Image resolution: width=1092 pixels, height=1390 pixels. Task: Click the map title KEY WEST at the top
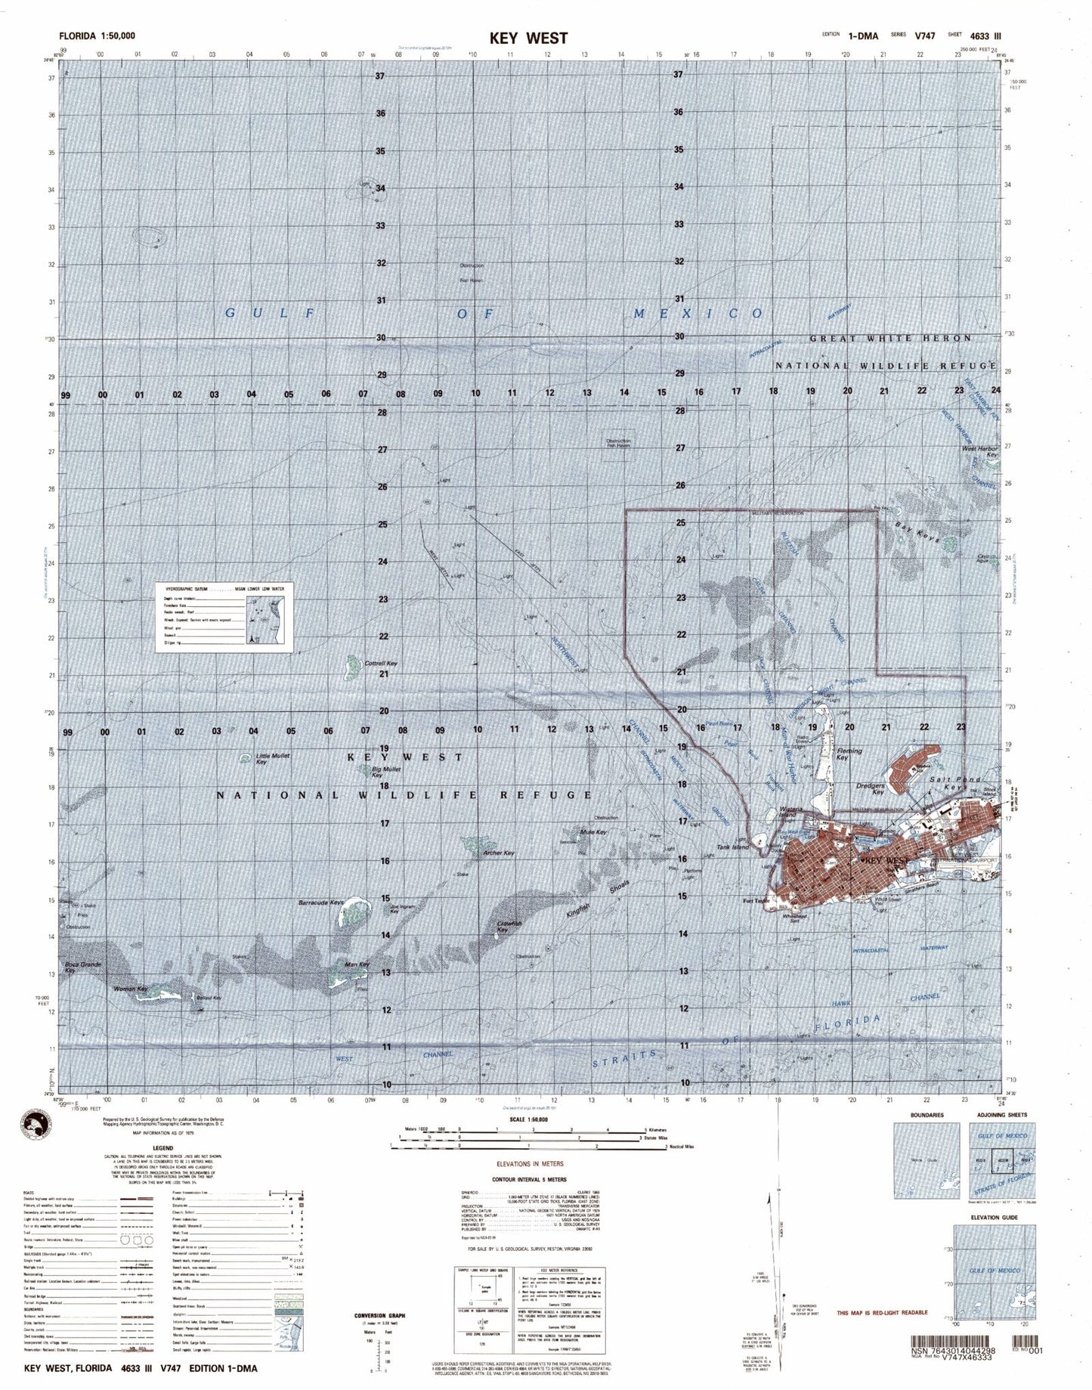pos(538,38)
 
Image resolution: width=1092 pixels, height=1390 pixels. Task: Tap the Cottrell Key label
pos(381,664)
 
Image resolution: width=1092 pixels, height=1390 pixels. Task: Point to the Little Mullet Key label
pos(272,759)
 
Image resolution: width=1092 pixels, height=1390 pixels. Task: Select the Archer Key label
pos(498,853)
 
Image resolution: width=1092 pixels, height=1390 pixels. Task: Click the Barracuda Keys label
pos(321,902)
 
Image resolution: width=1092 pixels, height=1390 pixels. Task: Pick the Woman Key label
pos(129,988)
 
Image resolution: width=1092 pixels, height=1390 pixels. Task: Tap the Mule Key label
pos(595,832)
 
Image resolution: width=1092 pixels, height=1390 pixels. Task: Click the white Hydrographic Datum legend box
pos(224,615)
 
